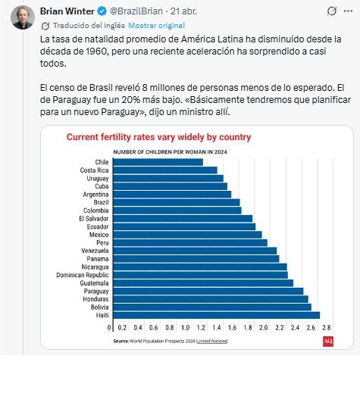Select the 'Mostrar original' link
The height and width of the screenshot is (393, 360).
[x=151, y=25]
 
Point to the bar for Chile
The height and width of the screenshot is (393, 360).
[x=158, y=162]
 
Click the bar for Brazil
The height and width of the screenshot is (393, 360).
[x=176, y=202]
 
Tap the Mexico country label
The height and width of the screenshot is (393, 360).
[x=99, y=235]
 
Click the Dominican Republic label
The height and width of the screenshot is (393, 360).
[x=85, y=275]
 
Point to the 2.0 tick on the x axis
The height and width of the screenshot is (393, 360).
[x=263, y=328]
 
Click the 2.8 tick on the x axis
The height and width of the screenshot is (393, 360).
[x=325, y=328]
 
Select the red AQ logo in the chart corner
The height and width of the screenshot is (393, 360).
[x=327, y=342]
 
